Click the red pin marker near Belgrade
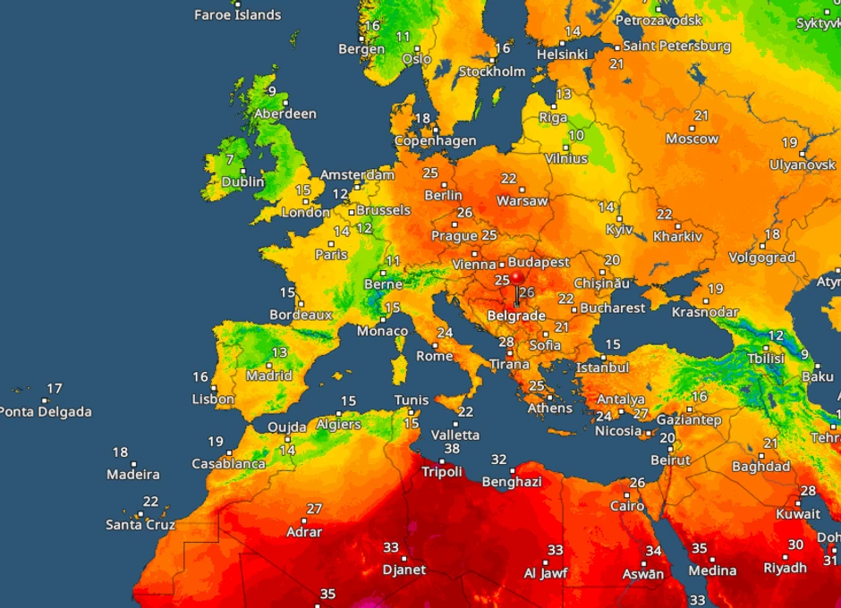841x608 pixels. (517, 279)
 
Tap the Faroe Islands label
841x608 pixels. (238, 15)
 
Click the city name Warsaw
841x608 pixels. (522, 201)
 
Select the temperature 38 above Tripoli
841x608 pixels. (452, 449)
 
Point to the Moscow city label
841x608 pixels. (692, 139)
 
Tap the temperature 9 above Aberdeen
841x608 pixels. (271, 92)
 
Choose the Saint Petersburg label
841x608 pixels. (676, 46)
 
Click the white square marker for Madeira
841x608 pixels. (134, 463)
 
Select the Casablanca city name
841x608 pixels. (228, 464)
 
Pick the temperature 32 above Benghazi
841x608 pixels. (499, 460)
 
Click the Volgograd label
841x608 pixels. (762, 258)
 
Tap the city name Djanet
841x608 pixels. (404, 570)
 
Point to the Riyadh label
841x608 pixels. (785, 568)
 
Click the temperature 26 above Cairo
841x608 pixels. (637, 483)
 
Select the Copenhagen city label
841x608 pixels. (436, 141)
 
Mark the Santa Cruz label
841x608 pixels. (140, 525)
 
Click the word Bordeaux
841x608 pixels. (301, 315)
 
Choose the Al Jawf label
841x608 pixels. (544, 573)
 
